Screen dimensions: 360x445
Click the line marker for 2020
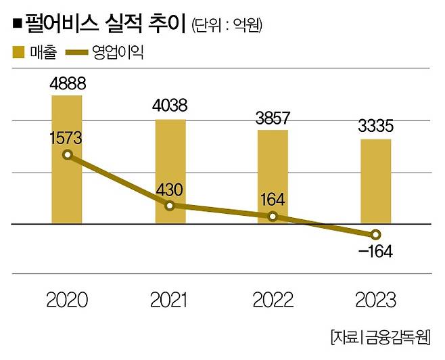tap(67, 155)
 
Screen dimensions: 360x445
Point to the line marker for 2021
tap(170, 205)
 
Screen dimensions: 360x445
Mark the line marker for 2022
tap(273, 217)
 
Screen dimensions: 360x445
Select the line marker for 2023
tap(375, 235)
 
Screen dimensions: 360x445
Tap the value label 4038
tap(170, 106)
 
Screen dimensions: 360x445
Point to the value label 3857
tap(273, 116)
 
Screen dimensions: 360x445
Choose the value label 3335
tap(375, 127)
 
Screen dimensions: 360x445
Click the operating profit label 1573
tap(66, 139)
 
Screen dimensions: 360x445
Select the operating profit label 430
tap(170, 191)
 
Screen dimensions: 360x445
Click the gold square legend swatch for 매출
tap(18, 51)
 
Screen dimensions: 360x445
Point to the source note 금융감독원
tap(399, 336)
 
